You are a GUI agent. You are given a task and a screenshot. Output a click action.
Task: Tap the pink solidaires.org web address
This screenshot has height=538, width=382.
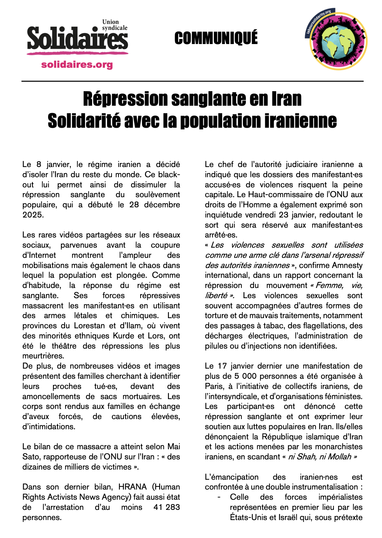click(77, 64)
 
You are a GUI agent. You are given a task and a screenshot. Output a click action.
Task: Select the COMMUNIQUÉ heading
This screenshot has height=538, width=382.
click(216, 38)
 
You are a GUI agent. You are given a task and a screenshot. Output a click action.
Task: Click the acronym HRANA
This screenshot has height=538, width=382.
click(132, 487)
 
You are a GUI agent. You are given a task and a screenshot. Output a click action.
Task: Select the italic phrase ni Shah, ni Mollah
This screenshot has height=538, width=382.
click(320, 457)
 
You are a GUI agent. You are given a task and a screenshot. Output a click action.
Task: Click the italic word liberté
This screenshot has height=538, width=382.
click(216, 295)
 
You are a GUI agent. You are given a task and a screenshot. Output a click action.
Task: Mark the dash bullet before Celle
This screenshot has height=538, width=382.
click(219, 497)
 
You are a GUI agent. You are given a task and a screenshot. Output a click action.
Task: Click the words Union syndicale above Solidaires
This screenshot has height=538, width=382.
click(114, 25)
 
